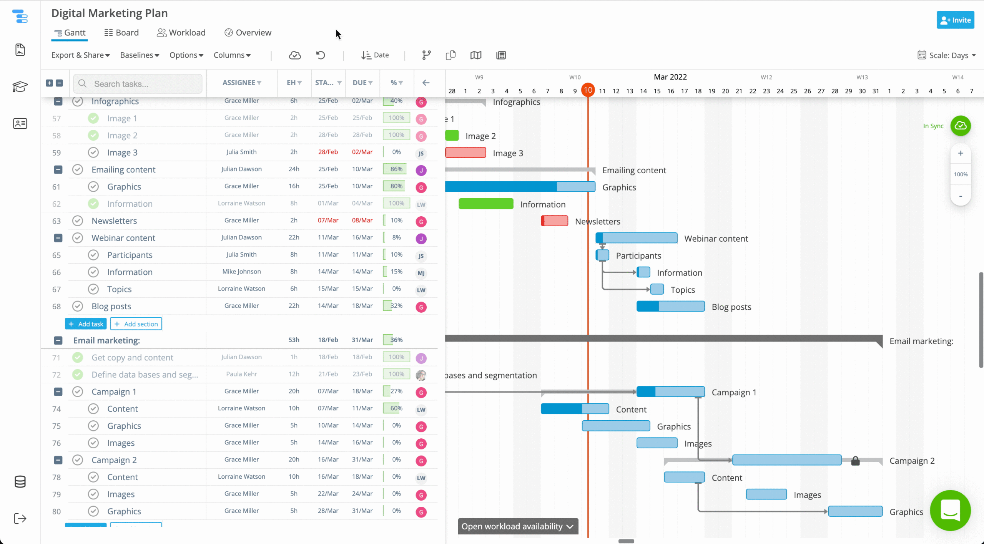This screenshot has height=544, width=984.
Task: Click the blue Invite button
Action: (955, 20)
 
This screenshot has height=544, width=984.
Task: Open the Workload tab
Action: (181, 33)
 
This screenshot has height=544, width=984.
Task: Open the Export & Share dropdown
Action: (80, 55)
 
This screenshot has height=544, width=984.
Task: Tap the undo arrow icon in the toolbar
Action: (321, 55)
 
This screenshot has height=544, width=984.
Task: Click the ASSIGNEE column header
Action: (241, 83)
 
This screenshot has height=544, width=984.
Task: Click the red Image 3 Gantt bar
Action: (465, 153)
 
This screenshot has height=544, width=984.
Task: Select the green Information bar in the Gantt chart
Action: (486, 204)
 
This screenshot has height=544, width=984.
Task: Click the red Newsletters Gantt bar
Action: (554, 221)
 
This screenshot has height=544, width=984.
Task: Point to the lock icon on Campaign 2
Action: (855, 461)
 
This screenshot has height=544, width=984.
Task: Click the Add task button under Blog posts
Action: (86, 324)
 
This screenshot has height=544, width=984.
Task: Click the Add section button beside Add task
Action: (136, 324)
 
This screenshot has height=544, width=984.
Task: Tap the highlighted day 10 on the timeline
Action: (588, 90)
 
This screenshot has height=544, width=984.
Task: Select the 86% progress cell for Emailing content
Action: (396, 169)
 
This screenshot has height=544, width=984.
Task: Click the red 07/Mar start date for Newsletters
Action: (328, 221)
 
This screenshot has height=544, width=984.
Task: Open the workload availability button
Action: (518, 526)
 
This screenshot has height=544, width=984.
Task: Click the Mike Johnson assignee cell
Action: (241, 272)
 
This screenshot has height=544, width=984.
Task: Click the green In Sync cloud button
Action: (961, 126)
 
